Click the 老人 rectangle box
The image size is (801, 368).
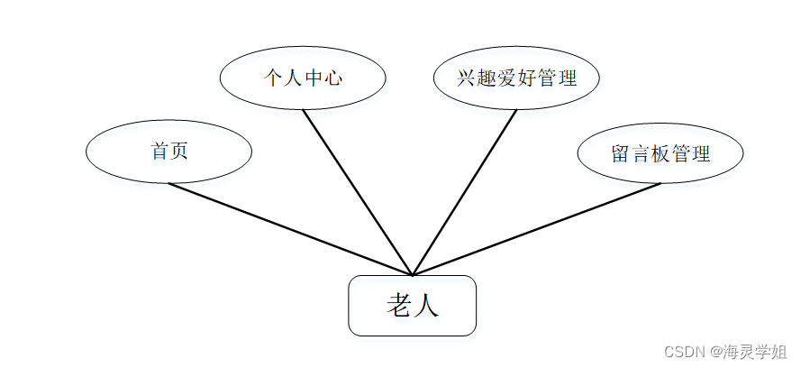[x=412, y=306]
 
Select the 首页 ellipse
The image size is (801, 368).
[x=168, y=152]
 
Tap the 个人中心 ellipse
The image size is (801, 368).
[x=303, y=78]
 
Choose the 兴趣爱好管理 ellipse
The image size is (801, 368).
[x=516, y=78]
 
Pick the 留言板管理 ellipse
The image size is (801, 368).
[x=660, y=152]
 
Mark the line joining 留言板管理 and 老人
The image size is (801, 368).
[x=536, y=229]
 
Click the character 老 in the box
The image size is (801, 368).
[x=399, y=306]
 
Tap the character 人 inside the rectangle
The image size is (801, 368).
[x=426, y=306]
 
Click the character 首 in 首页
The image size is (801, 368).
[x=159, y=152]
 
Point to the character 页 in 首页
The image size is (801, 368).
[x=178, y=152]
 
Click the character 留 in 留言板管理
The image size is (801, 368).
[x=621, y=153]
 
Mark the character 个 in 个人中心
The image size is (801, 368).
[x=273, y=78]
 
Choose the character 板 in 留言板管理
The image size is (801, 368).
[x=660, y=153]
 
